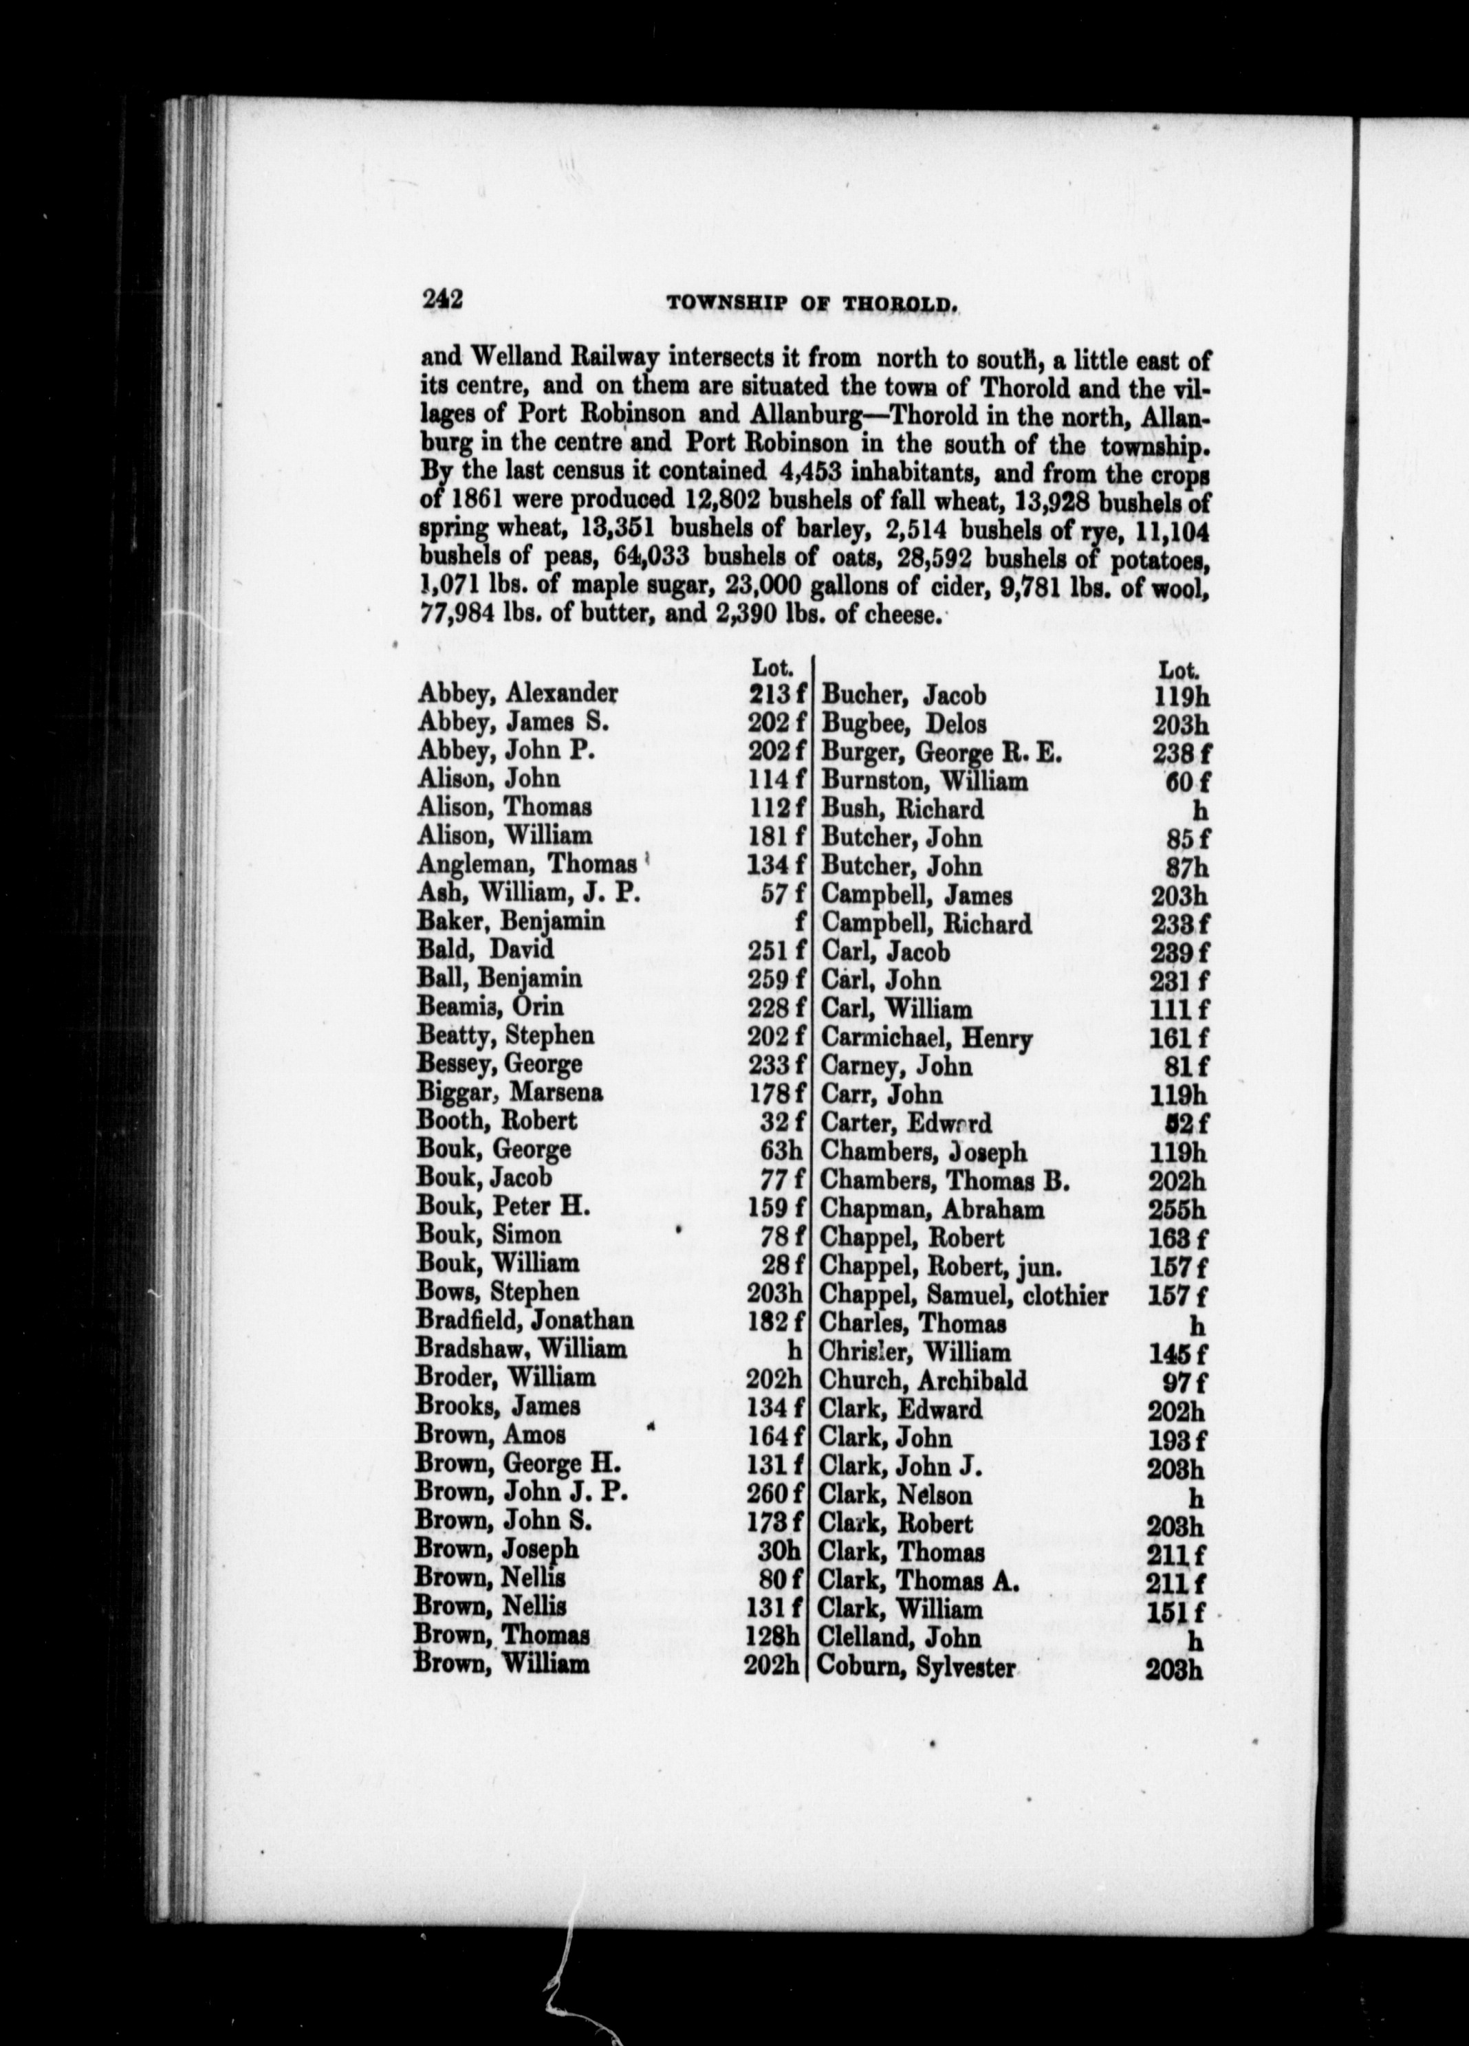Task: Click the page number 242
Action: (442, 300)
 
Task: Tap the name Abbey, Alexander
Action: (517, 694)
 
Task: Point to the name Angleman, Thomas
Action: (528, 865)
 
